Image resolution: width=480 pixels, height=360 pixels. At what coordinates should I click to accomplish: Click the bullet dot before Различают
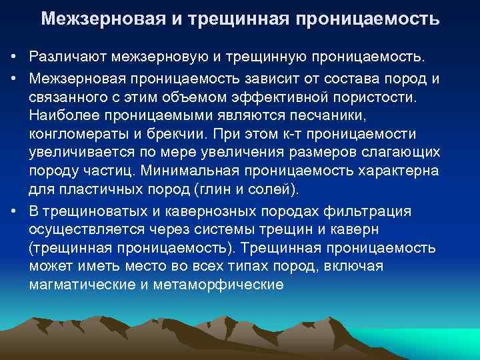point(15,62)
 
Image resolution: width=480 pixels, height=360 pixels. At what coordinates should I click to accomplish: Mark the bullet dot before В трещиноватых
point(15,211)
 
